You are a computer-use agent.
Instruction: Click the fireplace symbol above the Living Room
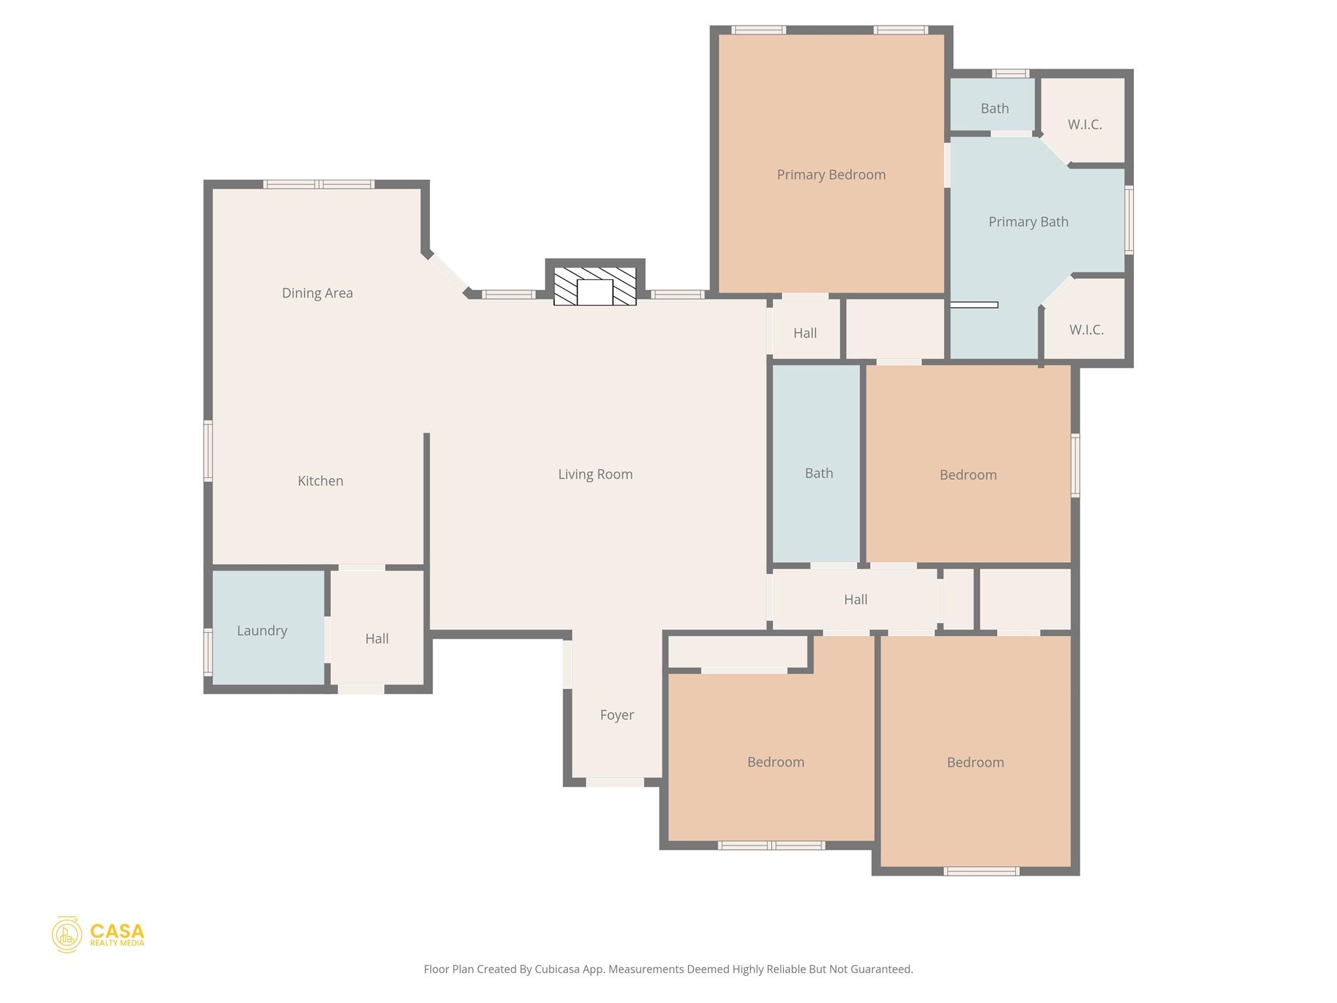(x=595, y=286)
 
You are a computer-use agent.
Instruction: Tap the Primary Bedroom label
(x=831, y=174)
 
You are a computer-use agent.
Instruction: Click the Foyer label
(x=616, y=715)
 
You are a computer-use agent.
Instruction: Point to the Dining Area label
(x=317, y=293)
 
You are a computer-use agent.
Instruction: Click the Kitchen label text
(x=320, y=481)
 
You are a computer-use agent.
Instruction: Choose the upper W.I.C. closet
(x=1085, y=124)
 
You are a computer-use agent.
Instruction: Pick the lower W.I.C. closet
(x=1086, y=330)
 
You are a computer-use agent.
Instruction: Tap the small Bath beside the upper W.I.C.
(x=994, y=108)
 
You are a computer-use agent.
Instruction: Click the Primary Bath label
(x=1028, y=222)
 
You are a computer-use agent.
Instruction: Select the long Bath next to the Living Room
(x=818, y=473)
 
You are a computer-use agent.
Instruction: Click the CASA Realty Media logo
(x=98, y=934)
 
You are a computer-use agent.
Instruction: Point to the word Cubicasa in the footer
(x=558, y=969)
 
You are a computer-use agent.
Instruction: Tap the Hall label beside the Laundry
(x=377, y=639)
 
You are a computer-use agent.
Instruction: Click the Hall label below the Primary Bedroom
(x=805, y=333)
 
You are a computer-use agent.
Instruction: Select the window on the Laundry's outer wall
(x=208, y=651)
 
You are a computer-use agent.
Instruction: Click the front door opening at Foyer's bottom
(x=614, y=782)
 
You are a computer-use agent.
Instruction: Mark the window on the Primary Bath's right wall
(x=1129, y=220)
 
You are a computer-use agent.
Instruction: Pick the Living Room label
(x=595, y=474)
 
